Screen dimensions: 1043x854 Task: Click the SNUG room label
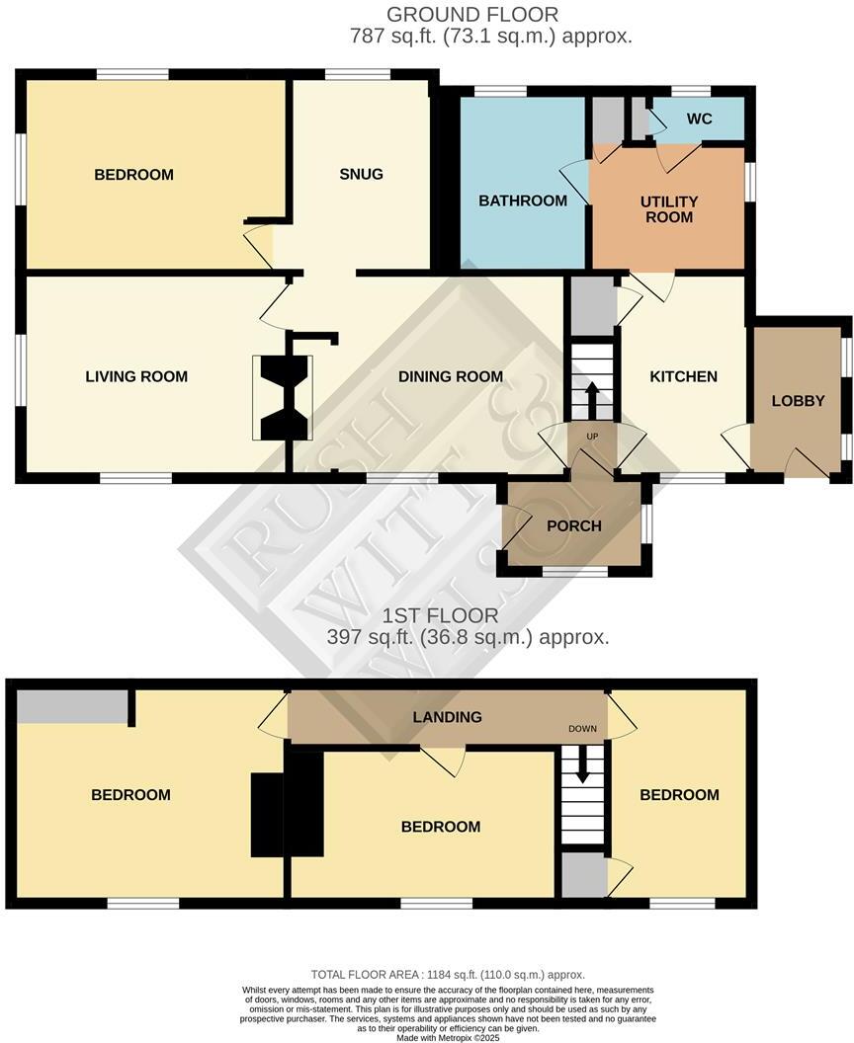point(361,175)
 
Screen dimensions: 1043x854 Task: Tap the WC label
point(700,120)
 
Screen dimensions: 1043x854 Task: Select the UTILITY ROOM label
point(669,208)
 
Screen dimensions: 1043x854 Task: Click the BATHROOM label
point(523,201)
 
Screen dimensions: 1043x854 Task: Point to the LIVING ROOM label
point(136,376)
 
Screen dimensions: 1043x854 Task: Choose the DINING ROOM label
point(451,376)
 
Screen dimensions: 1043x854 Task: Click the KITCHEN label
point(683,376)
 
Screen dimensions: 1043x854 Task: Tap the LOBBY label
point(798,401)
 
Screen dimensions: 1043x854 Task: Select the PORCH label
point(574,525)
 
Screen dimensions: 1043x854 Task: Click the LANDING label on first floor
point(449,717)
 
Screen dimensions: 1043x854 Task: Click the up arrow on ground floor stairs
point(592,401)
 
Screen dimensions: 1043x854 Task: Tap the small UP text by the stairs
point(592,437)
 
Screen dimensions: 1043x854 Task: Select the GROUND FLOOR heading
point(471,15)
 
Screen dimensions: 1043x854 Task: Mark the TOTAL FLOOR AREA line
point(448,974)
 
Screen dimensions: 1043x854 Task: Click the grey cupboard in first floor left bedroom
point(72,706)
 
